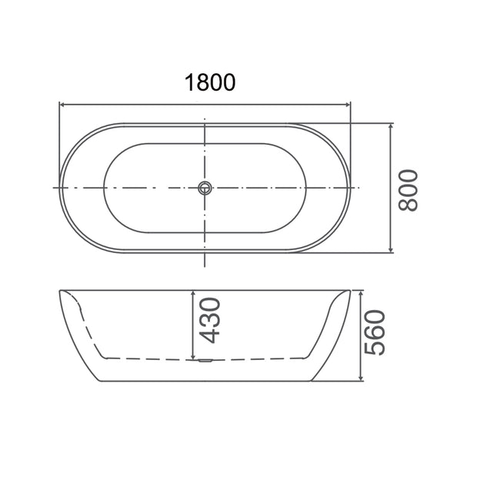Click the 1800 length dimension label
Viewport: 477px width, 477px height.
pos(210,82)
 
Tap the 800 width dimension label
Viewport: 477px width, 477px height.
pos(409,191)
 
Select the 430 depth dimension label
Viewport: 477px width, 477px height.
pos(209,321)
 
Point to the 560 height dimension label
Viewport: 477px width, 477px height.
pos(375,332)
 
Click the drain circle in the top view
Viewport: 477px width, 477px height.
pos(205,188)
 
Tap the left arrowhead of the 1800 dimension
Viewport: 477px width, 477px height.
pos(62,105)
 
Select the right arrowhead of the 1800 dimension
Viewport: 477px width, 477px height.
pos(348,105)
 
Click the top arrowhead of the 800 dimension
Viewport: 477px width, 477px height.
pos(391,126)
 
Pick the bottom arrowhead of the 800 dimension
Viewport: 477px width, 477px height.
pos(391,249)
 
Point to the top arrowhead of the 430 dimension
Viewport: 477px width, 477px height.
pos(193,294)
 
